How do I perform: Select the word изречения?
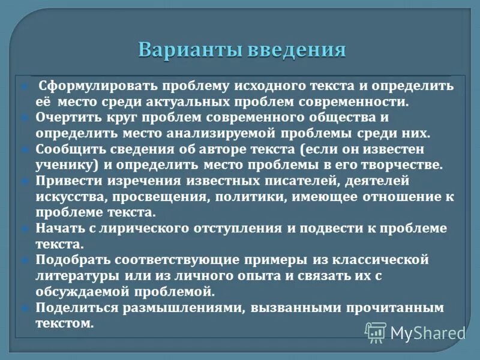(135, 179)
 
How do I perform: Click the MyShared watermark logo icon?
(376, 331)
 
